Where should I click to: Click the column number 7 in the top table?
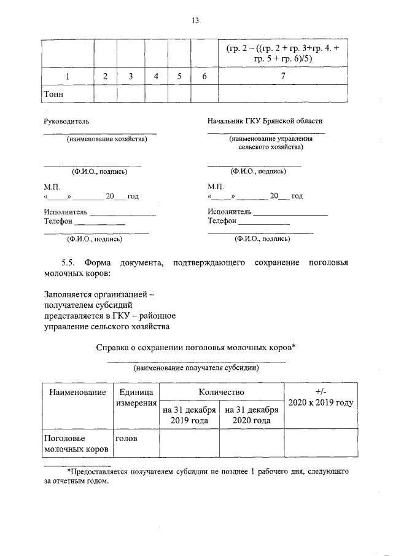coord(283,76)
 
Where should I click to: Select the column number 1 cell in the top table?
coord(67,76)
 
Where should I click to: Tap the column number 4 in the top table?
coord(157,76)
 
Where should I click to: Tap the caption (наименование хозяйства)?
coord(107,139)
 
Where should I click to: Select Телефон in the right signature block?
coord(222,221)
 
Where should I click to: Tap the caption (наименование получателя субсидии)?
coord(196,369)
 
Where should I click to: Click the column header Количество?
coord(222,391)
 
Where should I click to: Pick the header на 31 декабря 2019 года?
coord(190,415)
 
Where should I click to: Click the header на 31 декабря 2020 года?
coord(252,415)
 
